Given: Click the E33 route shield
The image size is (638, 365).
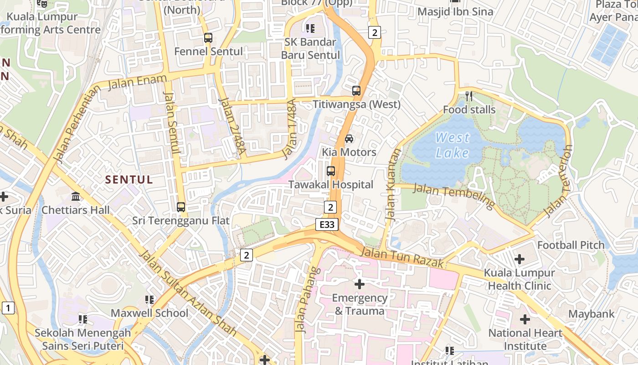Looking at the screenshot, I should point(327,224).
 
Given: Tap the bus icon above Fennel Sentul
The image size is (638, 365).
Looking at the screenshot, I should point(208,38).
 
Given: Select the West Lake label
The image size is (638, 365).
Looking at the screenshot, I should point(452,145).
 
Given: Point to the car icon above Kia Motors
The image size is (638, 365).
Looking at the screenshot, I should point(349,138).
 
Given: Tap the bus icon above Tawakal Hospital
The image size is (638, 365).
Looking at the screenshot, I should point(331,171).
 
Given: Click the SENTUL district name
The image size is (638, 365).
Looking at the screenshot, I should point(129,179).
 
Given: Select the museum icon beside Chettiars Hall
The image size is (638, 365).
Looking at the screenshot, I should point(76,196).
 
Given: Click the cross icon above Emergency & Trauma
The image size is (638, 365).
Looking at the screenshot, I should point(360,284).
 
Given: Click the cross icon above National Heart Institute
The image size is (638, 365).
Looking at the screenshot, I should point(525,319).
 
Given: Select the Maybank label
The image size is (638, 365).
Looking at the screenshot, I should point(591,314).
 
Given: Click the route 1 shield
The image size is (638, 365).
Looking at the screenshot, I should point(8,308).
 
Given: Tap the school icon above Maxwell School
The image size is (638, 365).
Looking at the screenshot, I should point(149,299).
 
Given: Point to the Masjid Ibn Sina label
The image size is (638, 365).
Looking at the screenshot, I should point(455,12).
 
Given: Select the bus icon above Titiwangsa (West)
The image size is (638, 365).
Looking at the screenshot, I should point(356,90).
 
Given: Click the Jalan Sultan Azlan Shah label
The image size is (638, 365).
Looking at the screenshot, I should point(187,292).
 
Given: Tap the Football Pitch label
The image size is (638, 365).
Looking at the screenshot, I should point(571,245).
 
